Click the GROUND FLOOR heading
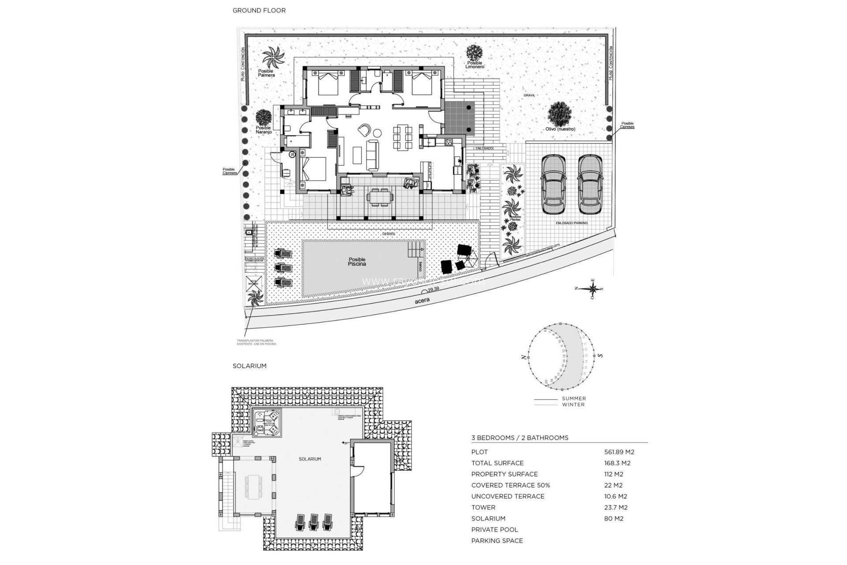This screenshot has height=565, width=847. [x=259, y=10]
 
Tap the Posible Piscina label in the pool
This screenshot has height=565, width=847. [x=357, y=262]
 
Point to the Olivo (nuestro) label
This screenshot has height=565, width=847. [x=560, y=129]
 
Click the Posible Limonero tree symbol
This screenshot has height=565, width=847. [x=475, y=53]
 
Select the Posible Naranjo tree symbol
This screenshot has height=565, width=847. [x=263, y=117]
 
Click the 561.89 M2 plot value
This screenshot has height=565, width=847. [x=619, y=452]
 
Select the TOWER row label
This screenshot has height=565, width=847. [x=483, y=508]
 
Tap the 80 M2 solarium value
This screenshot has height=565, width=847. [x=614, y=519]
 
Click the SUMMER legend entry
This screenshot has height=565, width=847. [x=573, y=399]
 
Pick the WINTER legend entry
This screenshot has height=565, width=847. [x=573, y=404]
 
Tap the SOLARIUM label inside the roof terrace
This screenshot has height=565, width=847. [x=310, y=459]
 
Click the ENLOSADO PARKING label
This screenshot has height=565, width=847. [x=571, y=223]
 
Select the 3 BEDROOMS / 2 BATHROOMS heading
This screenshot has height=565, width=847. [x=520, y=438]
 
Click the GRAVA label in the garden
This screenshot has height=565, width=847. [x=529, y=95]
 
